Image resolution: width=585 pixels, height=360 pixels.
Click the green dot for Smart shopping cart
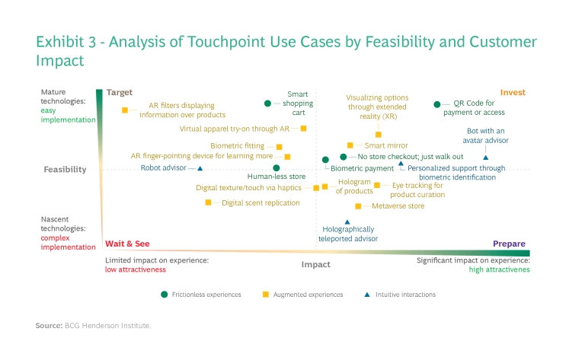tap(267, 104)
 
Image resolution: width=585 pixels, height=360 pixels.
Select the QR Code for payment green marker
tap(437, 104)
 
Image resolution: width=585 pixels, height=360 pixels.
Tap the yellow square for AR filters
tap(124, 110)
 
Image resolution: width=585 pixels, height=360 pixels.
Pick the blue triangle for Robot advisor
tap(200, 168)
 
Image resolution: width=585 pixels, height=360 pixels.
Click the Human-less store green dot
tap(277, 167)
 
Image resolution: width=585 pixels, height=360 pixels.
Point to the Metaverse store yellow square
tap(358, 206)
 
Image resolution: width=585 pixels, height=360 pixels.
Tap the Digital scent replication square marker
tap(208, 202)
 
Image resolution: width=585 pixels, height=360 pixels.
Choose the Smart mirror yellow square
tap(350, 145)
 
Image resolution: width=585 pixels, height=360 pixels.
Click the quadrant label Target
tap(120, 93)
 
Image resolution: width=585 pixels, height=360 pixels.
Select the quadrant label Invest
tap(512, 93)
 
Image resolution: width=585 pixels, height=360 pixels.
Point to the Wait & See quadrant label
tap(127, 244)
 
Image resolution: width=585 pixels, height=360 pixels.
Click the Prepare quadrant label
tap(509, 244)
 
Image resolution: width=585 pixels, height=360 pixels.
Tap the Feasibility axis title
tap(66, 170)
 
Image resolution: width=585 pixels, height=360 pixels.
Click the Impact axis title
tap(316, 265)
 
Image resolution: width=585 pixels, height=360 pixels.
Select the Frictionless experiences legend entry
tap(201, 295)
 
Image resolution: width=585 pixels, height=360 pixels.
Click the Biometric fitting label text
tap(238, 146)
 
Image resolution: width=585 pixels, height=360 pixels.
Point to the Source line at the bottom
tap(94, 326)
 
